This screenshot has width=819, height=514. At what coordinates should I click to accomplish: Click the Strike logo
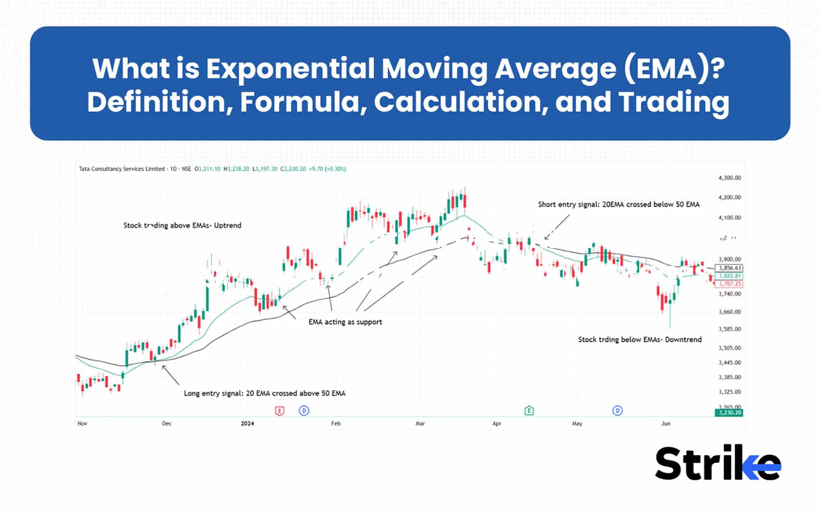pos(718,463)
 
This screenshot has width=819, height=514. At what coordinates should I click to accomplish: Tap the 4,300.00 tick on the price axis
pos(729,178)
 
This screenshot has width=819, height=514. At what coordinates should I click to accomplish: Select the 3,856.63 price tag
pos(730,268)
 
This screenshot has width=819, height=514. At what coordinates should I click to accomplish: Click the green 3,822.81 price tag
pos(730,276)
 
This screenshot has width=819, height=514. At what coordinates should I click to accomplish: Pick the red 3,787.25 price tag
pos(730,284)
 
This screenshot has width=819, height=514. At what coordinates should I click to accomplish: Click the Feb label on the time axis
pos(336,424)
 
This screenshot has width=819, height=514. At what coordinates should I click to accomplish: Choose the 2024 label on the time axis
pos(247,424)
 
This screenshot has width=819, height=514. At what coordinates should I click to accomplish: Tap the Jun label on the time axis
pos(666,424)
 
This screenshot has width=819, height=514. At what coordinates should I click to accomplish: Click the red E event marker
pos(280,411)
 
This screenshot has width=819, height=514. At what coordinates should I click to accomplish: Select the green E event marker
pos(529,411)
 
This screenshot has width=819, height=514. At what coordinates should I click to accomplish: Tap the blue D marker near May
pos(618,411)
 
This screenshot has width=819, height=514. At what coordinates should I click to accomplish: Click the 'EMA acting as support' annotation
pos(345,322)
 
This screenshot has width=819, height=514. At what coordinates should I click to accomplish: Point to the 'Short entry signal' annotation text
pos(619,205)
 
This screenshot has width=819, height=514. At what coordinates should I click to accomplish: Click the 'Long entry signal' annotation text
pos(265,393)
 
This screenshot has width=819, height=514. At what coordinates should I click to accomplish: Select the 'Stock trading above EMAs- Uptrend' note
pos(182,226)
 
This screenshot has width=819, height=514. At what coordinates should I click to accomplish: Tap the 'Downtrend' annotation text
pos(640,340)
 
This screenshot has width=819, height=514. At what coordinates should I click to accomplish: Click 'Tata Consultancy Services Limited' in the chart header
pos(122,169)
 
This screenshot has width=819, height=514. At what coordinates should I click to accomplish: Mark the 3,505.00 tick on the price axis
pos(729,348)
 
